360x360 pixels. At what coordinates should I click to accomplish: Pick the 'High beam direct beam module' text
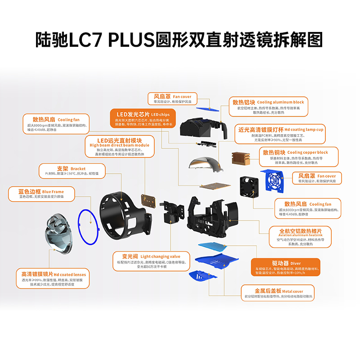[x=119, y=145]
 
